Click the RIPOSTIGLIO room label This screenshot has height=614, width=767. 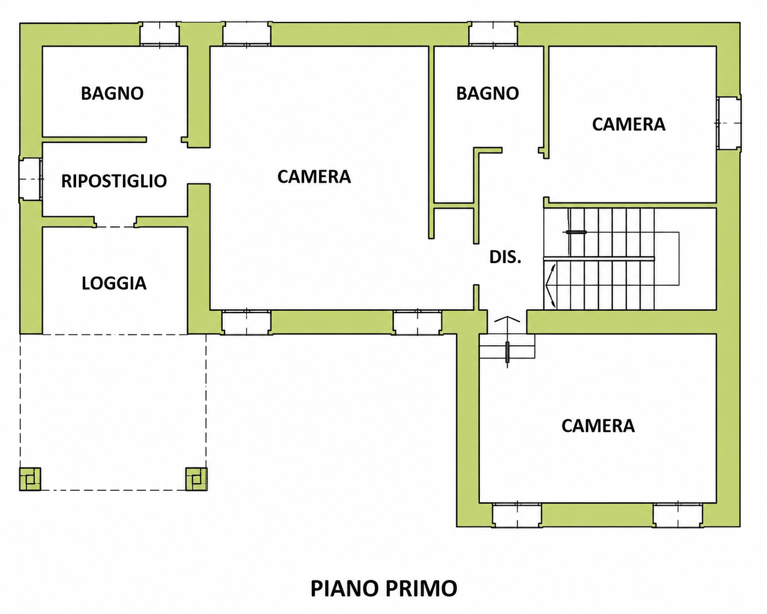click(x=114, y=181)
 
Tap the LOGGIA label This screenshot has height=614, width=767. click(x=114, y=283)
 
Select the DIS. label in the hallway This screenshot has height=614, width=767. click(x=505, y=257)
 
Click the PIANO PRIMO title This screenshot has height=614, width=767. click(x=384, y=588)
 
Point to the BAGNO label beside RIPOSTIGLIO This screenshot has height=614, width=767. click(x=112, y=94)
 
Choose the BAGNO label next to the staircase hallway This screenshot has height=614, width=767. click(x=487, y=94)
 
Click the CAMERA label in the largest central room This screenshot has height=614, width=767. click(x=314, y=177)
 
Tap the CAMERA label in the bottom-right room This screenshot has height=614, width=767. click(x=598, y=426)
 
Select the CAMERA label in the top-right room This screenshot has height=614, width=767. click(x=629, y=124)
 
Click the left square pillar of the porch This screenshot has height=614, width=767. click(x=30, y=479)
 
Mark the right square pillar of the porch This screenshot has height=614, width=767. click(x=196, y=479)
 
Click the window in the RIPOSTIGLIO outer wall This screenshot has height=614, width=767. click(x=31, y=179)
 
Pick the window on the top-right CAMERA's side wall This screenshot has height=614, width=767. click(x=729, y=123)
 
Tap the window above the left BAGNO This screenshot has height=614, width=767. click(x=159, y=34)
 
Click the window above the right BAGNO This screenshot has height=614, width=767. click(x=493, y=34)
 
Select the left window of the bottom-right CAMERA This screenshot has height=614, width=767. click(x=517, y=515)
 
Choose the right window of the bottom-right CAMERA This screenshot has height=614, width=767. click(x=678, y=515)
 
